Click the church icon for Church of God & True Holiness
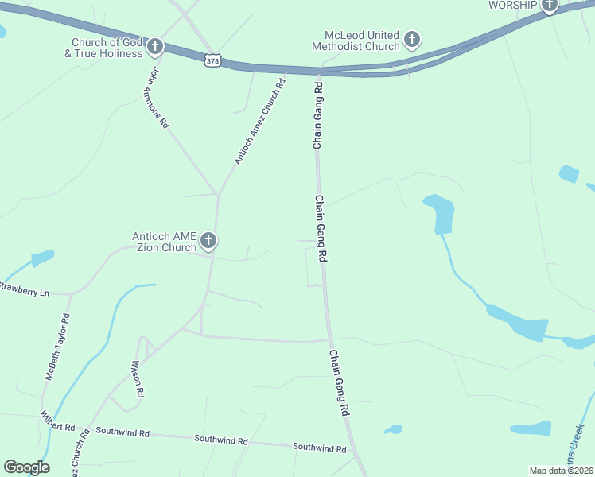[x=155, y=46]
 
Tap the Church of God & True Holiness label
[x=107, y=48]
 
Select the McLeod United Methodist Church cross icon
[x=411, y=39]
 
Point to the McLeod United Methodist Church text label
[x=362, y=41]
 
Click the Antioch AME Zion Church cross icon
[x=208, y=240]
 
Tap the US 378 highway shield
[x=212, y=60]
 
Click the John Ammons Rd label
[x=157, y=98]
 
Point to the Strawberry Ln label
[x=24, y=289]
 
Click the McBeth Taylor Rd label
[x=56, y=345]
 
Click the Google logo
[x=26, y=467]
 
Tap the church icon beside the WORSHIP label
[x=549, y=6]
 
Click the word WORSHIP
[x=513, y=5]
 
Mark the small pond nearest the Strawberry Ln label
[x=41, y=258]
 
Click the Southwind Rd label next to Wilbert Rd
[x=122, y=432]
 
